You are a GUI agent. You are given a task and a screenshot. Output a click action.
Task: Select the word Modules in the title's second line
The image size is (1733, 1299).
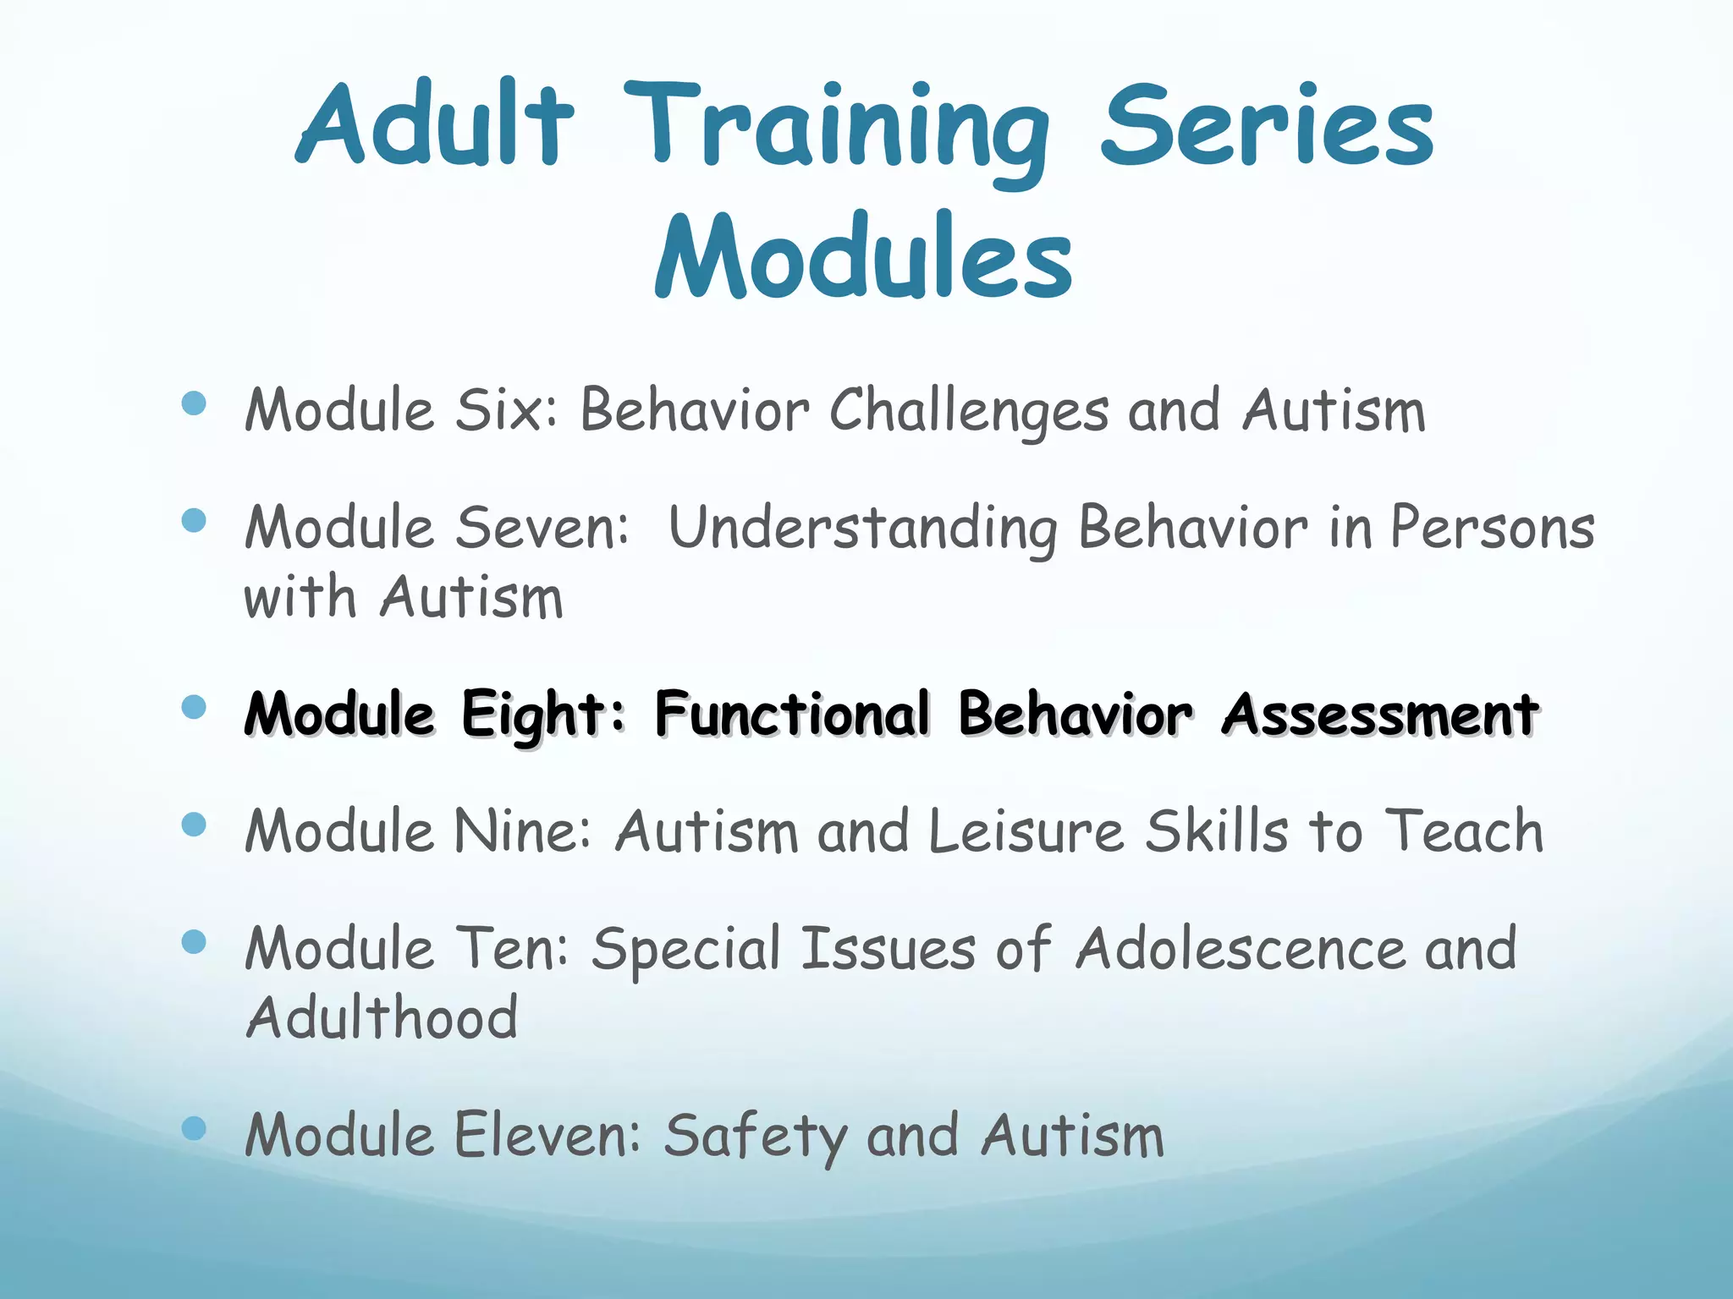864,256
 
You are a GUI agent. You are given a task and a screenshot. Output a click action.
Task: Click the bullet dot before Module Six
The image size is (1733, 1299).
194,403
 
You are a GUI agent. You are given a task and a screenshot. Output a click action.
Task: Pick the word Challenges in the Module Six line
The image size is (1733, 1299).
968,412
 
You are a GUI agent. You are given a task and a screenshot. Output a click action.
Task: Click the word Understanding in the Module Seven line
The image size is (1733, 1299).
862,529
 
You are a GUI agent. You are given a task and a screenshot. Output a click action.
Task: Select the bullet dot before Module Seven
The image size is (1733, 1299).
194,520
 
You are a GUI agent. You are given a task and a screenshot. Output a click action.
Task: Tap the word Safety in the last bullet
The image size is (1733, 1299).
754,1136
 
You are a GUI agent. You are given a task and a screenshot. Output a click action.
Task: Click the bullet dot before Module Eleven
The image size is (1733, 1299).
194,1127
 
